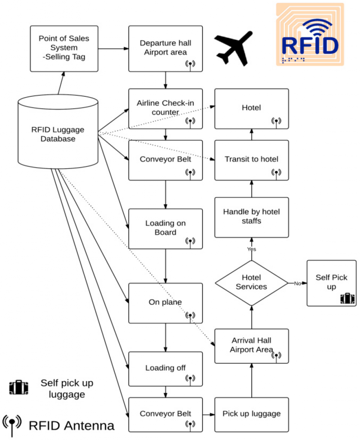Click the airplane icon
click(233, 48)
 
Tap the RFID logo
click(310, 34)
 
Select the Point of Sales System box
click(64, 49)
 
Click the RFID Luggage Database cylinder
click(58, 131)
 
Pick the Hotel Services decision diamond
click(252, 283)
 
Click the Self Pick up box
click(332, 283)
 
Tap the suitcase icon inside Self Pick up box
click(348, 299)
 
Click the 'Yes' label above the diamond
click(252, 249)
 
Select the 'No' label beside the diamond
click(297, 284)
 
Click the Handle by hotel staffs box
click(252, 217)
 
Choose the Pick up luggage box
click(252, 415)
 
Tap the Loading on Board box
click(165, 229)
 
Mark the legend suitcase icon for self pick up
click(19, 388)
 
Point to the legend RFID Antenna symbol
click(12, 425)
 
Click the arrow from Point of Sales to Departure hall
click(113, 49)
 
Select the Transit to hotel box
click(252, 160)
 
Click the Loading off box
click(165, 369)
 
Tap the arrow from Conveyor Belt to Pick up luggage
click(208, 415)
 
